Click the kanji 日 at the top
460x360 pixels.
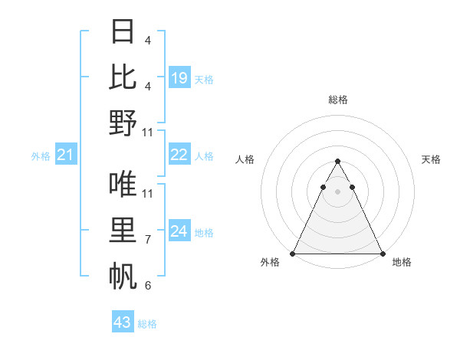123,33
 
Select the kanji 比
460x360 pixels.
123,77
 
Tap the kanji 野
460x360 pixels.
123,123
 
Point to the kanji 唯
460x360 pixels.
123,185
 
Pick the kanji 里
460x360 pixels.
123,231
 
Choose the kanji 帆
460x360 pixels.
123,276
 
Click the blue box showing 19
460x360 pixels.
179,77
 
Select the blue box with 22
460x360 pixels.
179,155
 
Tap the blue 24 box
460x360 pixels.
179,231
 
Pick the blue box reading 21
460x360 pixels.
66,155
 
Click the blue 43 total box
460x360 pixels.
123,322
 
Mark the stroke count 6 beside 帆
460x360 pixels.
148,286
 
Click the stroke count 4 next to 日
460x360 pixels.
148,40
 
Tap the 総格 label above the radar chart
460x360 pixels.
337,100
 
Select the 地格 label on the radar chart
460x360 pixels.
402,262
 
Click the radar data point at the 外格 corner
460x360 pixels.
293,254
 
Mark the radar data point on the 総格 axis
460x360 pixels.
337,162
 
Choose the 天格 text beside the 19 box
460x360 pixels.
205,79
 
